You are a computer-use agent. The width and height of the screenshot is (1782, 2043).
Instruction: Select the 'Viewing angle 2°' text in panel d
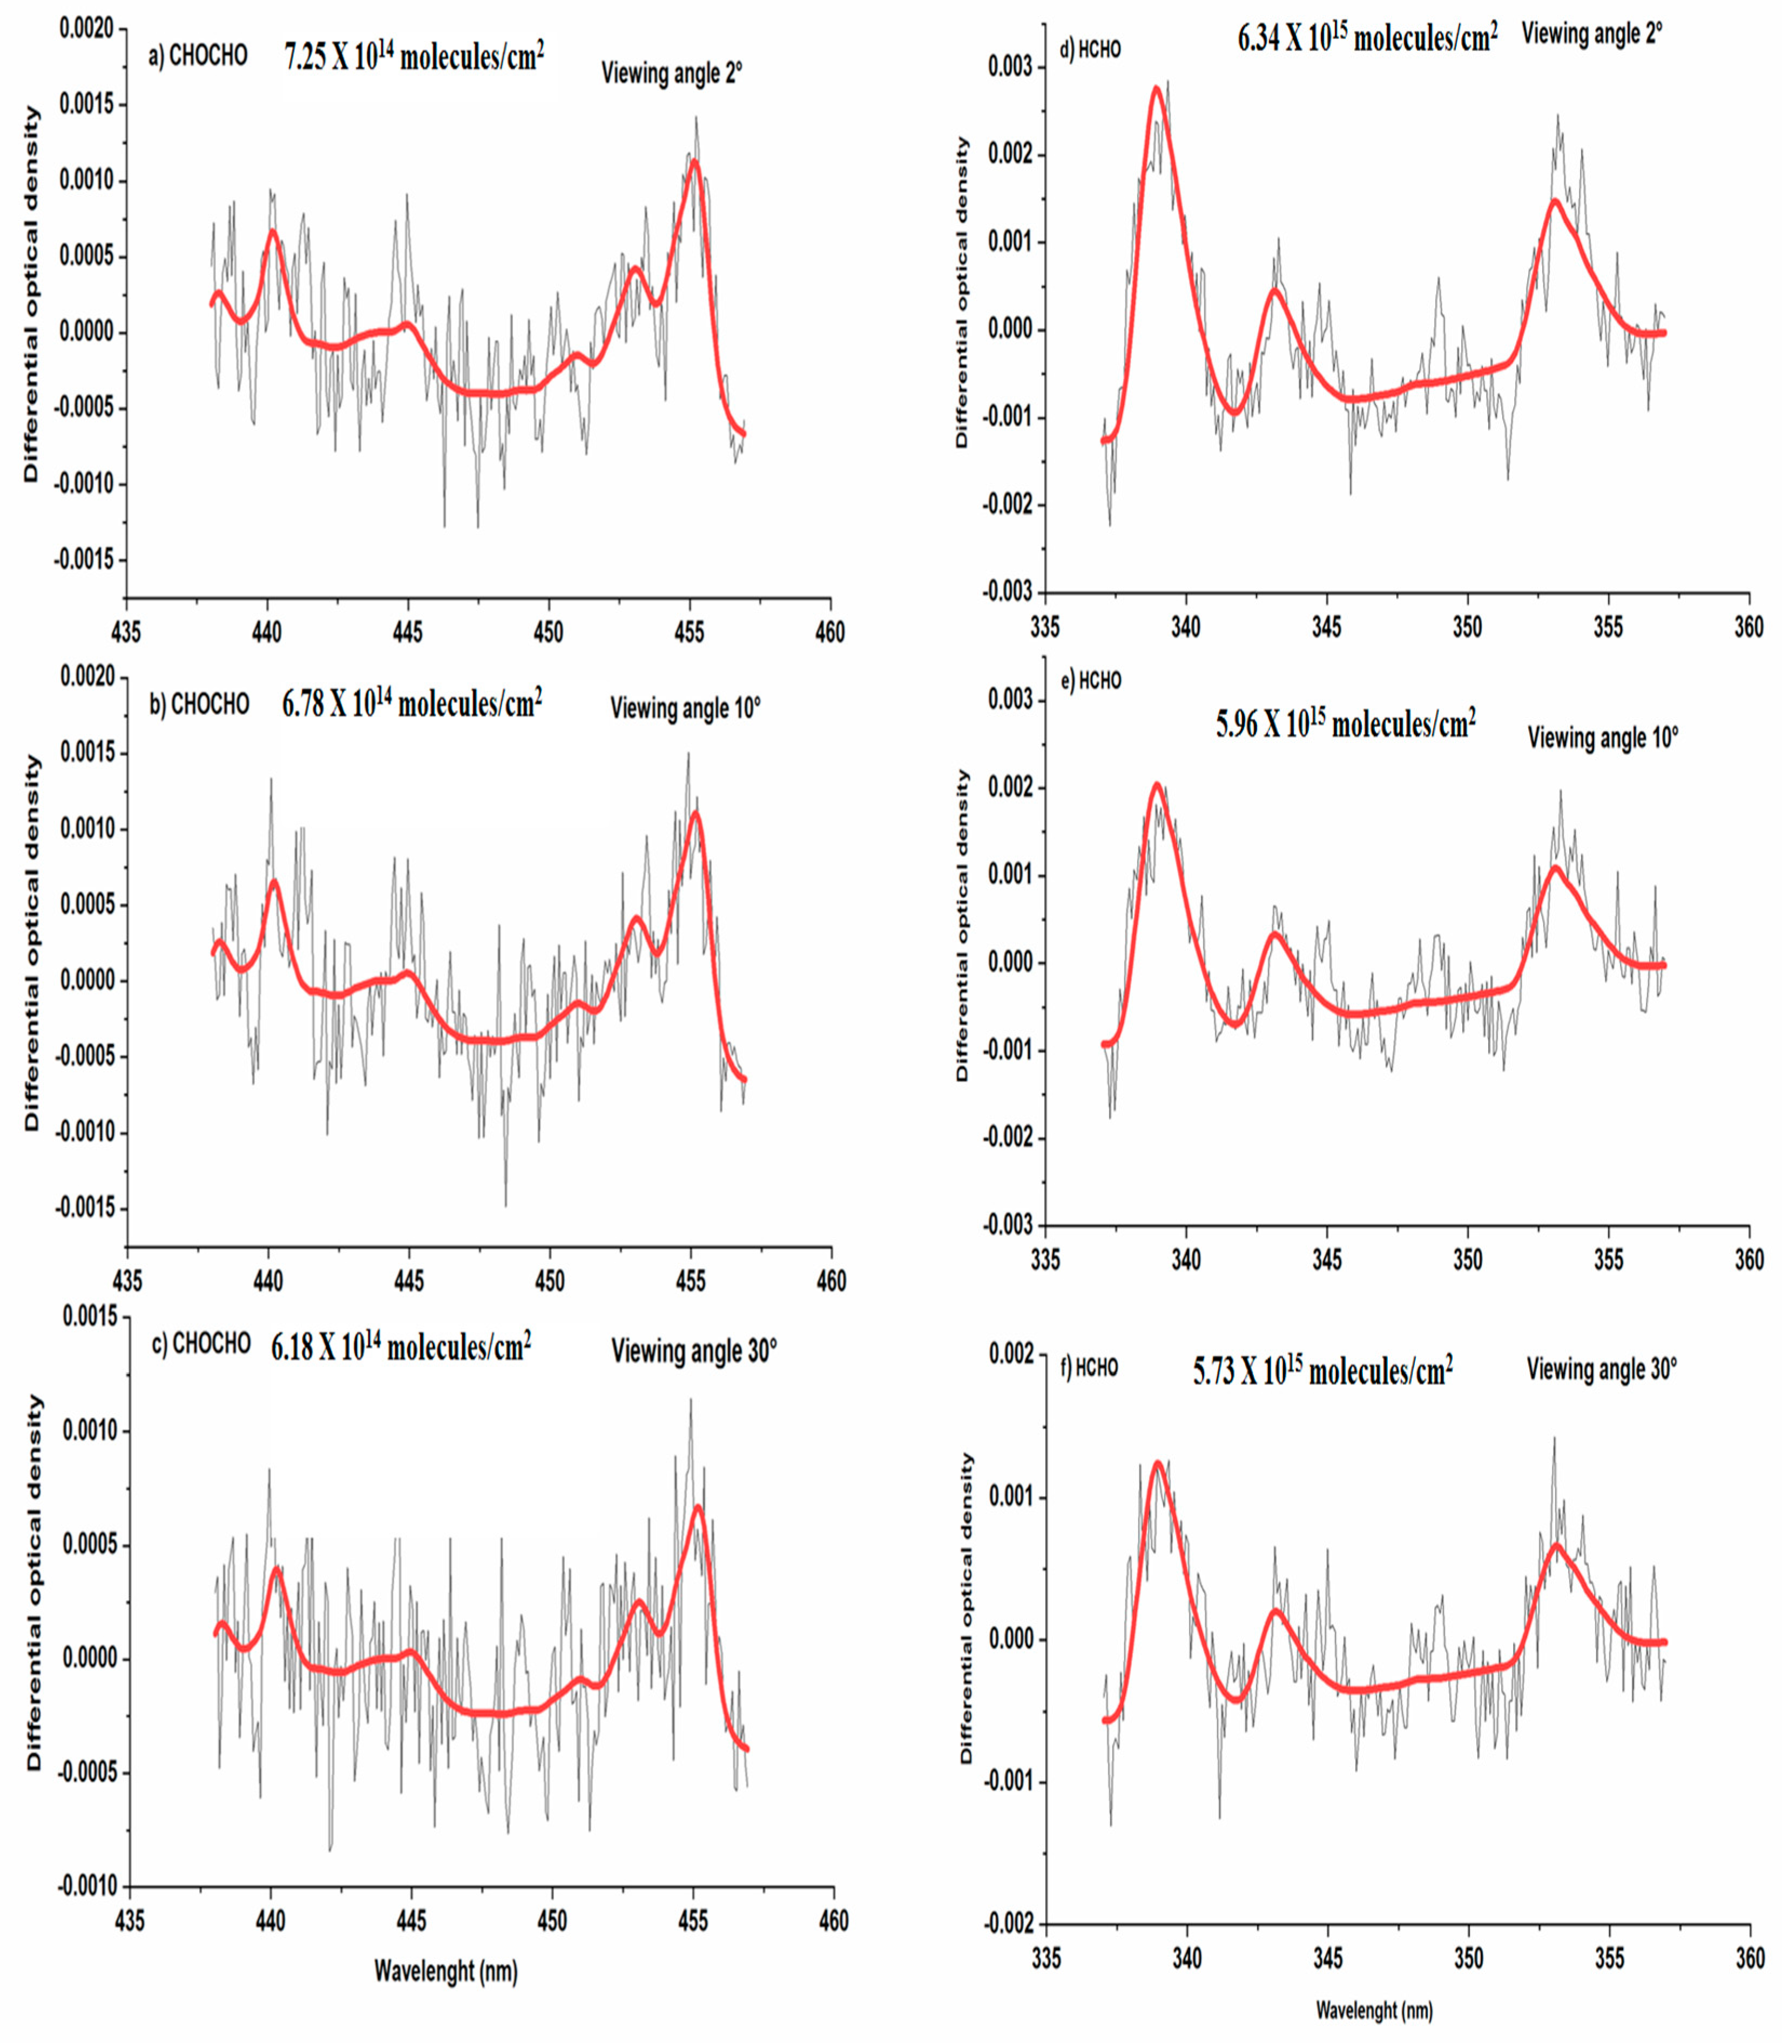point(1592,34)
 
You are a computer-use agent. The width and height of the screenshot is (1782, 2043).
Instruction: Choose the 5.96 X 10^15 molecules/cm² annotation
point(1346,724)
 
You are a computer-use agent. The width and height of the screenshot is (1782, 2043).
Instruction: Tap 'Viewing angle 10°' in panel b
point(685,708)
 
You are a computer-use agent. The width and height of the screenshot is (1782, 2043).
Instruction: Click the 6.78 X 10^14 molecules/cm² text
point(411,704)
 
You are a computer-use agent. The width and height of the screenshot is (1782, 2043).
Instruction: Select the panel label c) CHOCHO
point(200,1344)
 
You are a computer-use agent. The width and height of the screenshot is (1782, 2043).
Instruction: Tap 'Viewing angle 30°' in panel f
point(1601,1369)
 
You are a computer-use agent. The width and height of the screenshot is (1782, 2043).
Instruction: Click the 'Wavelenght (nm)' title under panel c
point(446,1971)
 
